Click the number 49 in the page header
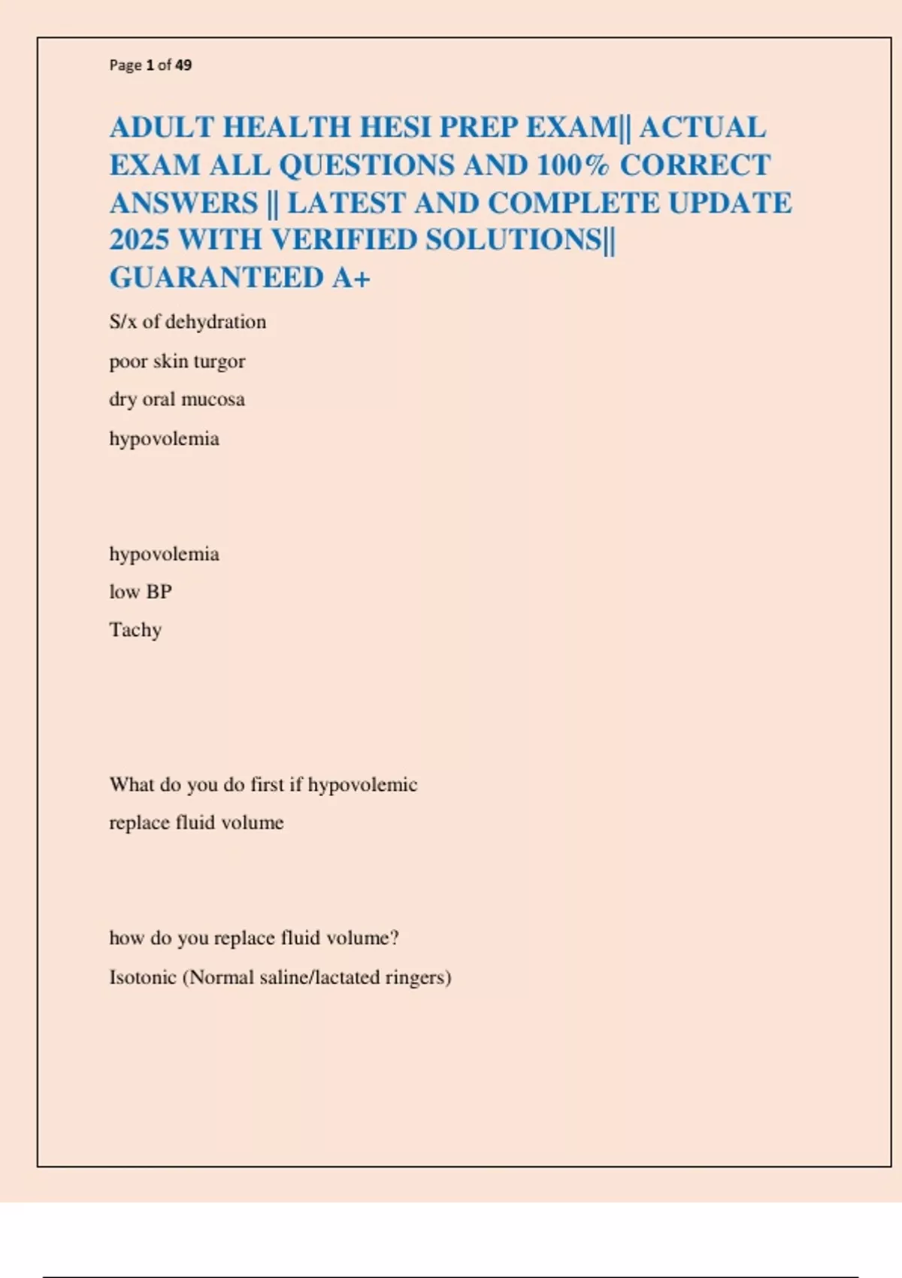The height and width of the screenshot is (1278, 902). coord(183,65)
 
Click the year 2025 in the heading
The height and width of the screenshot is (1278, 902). coord(139,241)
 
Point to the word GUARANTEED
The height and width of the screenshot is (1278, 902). coord(216,278)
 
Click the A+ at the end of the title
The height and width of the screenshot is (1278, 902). coord(351,278)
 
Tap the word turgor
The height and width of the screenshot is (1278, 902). coord(219,362)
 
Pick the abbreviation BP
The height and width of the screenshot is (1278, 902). coord(159,592)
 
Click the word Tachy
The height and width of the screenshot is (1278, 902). coord(135,630)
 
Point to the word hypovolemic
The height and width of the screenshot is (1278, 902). coord(362,785)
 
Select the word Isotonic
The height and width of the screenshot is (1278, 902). coord(142,977)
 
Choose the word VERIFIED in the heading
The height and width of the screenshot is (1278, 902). coord(344,241)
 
